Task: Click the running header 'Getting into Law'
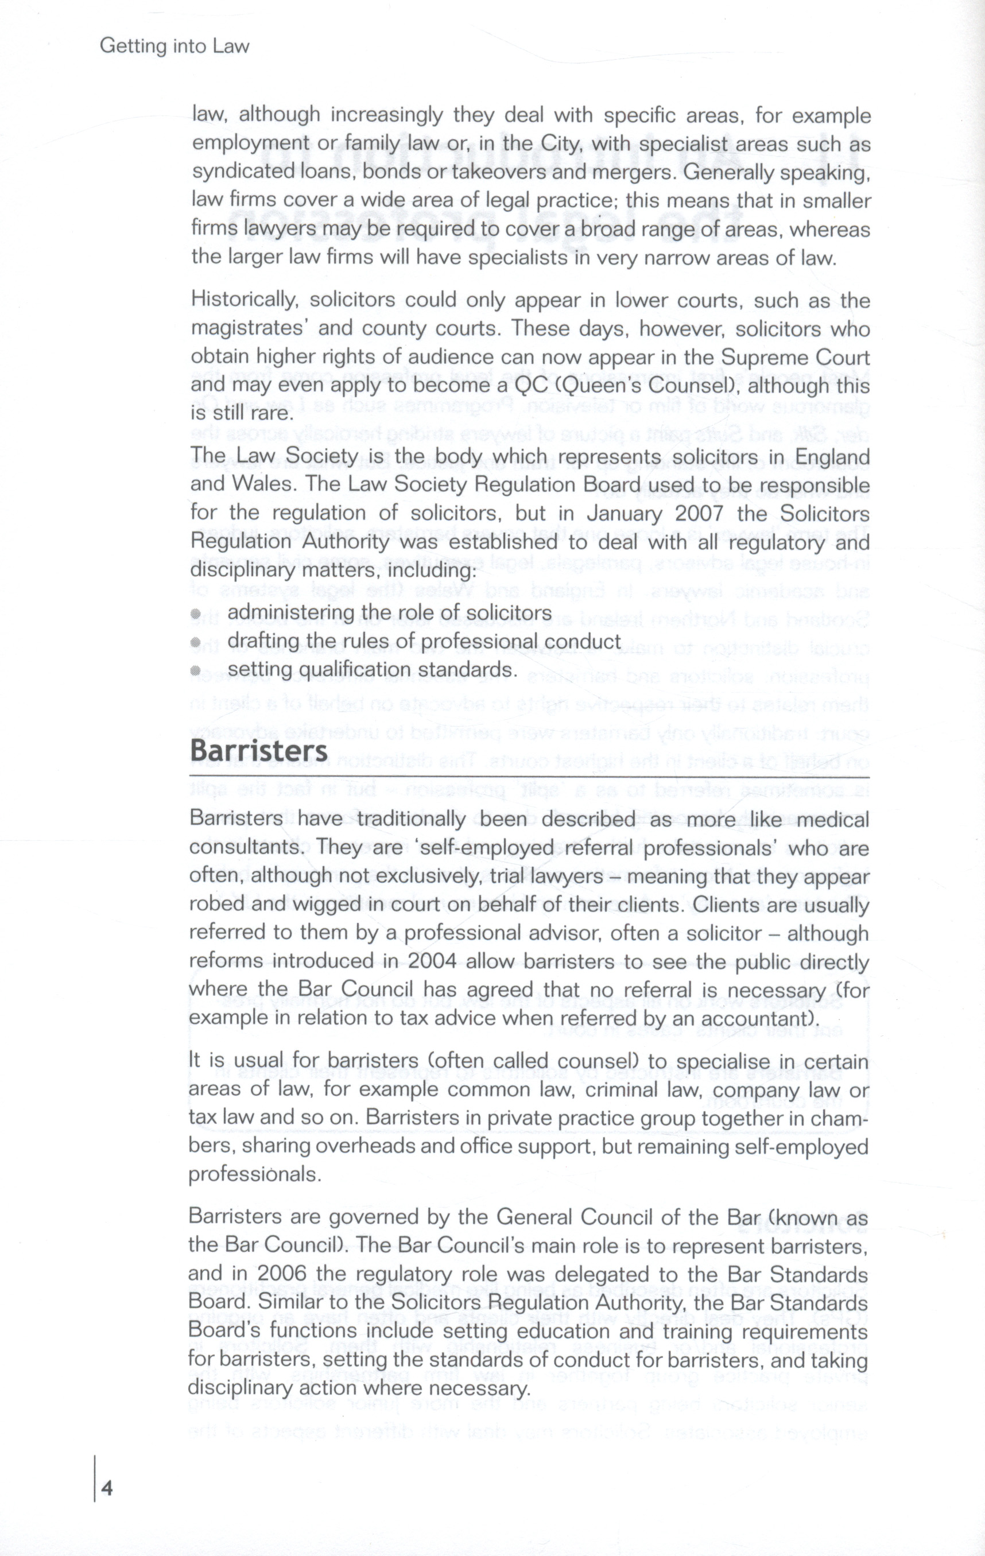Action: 174,47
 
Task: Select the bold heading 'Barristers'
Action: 258,751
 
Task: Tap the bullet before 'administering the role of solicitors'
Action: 196,614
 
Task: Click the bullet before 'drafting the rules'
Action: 196,642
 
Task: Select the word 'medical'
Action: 832,820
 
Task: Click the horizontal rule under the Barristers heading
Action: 530,776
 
